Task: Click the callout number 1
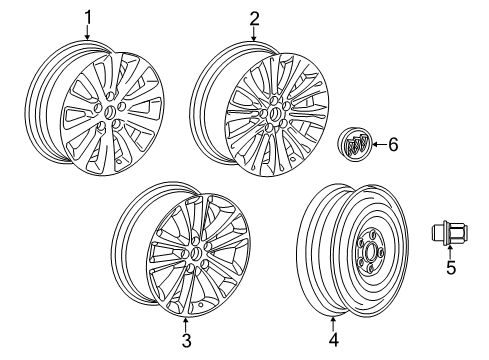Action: [x=87, y=16]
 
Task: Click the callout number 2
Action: [x=254, y=17]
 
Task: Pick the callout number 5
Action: [x=452, y=298]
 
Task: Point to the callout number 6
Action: [x=392, y=145]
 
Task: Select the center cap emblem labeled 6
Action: [x=354, y=146]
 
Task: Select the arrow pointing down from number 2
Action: [x=254, y=34]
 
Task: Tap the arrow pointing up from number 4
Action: [x=334, y=322]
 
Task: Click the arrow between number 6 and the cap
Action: [x=377, y=146]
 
